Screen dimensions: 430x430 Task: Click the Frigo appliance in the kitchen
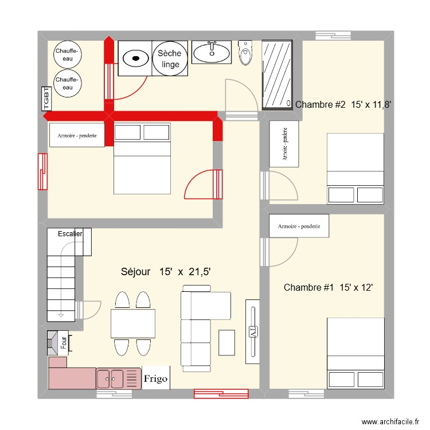click(156, 378)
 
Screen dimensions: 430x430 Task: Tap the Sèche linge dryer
click(170, 58)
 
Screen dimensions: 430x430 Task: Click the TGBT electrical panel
click(46, 98)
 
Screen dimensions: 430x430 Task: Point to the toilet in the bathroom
click(245, 53)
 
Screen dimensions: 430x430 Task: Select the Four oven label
click(64, 342)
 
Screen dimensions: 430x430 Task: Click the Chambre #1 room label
click(329, 287)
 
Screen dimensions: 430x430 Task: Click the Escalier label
click(70, 234)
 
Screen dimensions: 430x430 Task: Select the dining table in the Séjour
click(133, 323)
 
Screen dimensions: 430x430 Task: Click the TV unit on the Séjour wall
click(252, 331)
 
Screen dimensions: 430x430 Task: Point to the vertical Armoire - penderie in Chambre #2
click(284, 144)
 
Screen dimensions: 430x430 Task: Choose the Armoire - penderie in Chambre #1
click(299, 226)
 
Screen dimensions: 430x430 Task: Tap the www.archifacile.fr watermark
click(390, 421)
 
